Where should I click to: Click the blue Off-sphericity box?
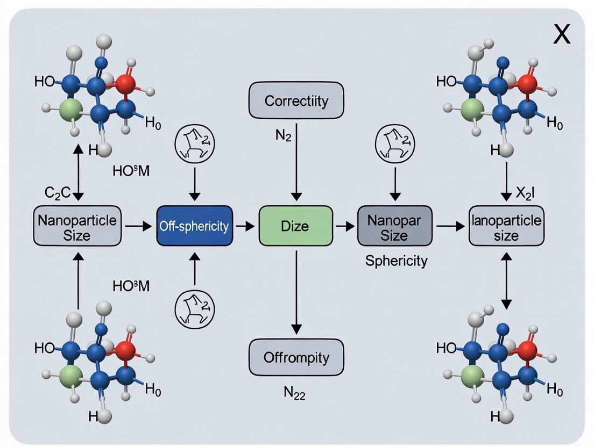[194, 226]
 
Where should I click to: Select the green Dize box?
[295, 226]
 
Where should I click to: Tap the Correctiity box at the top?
[295, 100]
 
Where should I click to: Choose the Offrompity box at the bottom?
[296, 357]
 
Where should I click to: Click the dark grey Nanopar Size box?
[395, 226]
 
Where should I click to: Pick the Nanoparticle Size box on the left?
[77, 226]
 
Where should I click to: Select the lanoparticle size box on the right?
[506, 226]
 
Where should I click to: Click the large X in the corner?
[562, 35]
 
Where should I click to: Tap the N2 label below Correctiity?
[283, 135]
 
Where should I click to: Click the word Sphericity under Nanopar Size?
[396, 261]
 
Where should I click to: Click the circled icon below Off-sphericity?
[194, 308]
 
